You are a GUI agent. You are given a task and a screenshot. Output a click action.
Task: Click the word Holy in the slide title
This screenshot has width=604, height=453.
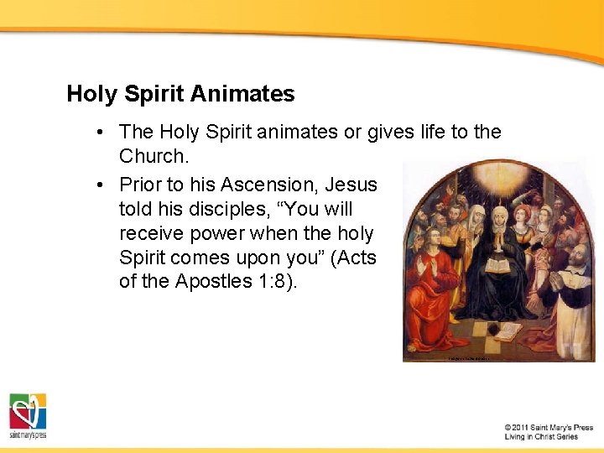(x=91, y=94)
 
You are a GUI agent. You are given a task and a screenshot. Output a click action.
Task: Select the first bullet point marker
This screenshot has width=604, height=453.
(x=100, y=133)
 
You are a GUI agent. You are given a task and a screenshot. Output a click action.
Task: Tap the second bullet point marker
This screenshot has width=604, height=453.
(x=100, y=185)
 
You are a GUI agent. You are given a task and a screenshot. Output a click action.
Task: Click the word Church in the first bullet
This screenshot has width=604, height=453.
(x=152, y=156)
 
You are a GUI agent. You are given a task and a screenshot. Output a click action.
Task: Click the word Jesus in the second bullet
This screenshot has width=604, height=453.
(x=351, y=184)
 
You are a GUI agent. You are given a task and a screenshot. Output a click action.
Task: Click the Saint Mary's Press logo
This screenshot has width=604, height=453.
(x=28, y=414)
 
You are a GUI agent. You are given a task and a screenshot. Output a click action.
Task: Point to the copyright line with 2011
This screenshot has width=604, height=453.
(x=549, y=428)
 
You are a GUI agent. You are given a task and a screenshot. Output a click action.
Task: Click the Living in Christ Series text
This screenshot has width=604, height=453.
(x=541, y=437)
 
